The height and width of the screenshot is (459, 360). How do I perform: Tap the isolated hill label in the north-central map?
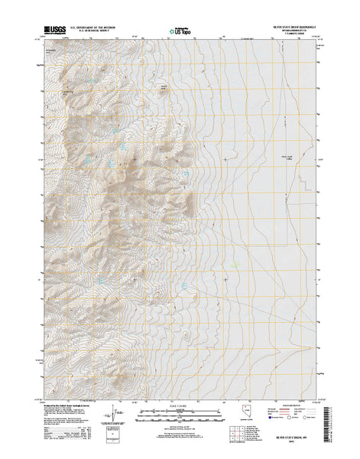pyautogui.click(x=162, y=86)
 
